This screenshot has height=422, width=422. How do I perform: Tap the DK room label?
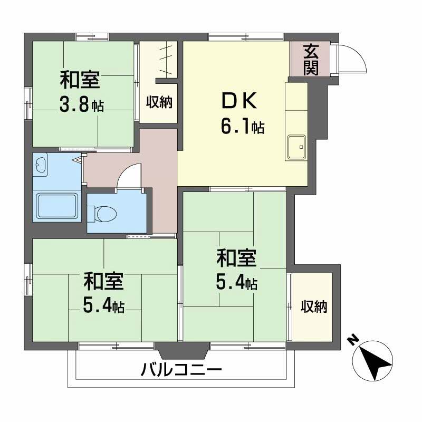(238, 100)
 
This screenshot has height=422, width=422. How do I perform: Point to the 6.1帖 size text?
(243, 127)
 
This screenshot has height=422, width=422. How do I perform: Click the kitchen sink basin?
(296, 147)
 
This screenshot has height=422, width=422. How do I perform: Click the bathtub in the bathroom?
(56, 206)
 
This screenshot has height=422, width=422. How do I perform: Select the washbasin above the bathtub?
(41, 167)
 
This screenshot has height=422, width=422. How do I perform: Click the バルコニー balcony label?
(181, 370)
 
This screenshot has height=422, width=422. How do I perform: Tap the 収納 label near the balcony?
(314, 306)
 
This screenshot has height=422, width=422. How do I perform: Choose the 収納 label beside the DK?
(160, 102)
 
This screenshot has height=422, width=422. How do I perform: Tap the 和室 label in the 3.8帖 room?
(80, 81)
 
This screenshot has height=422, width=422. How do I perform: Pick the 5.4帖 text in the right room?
(236, 283)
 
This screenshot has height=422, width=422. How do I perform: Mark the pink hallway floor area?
(158, 174)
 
